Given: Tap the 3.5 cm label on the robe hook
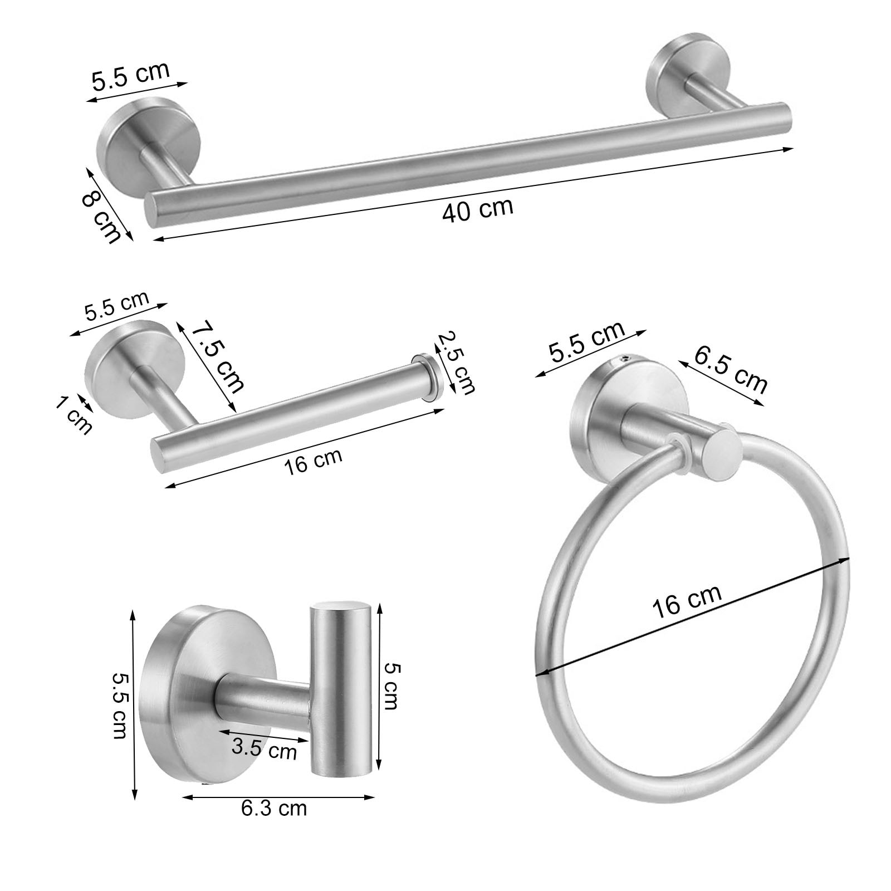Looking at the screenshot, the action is point(264,749).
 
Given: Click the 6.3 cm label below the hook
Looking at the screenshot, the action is point(273,808).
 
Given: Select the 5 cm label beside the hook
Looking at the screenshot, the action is point(391,687).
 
